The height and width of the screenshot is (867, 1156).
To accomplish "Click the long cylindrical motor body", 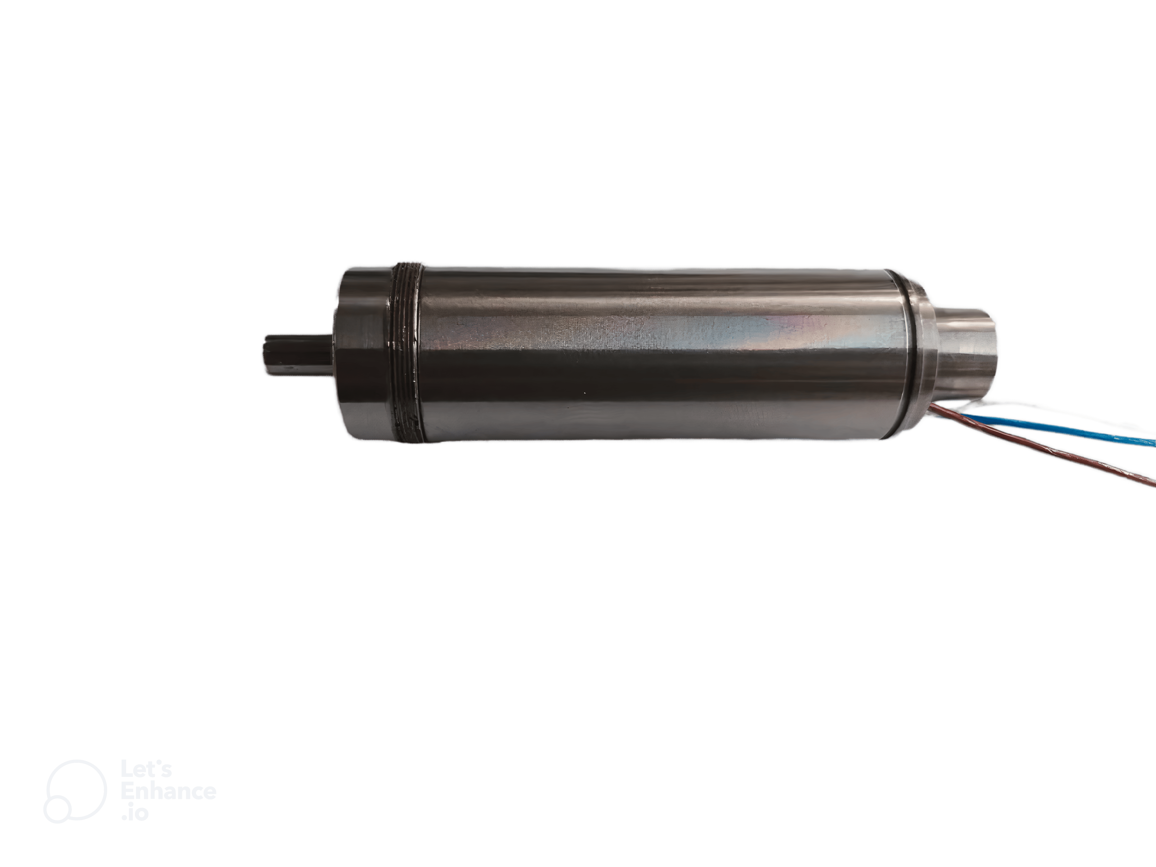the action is [x=653, y=354].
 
